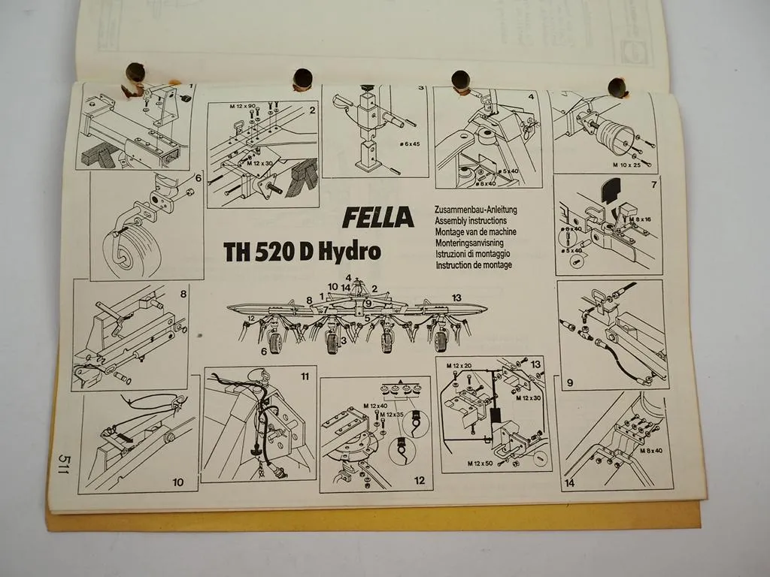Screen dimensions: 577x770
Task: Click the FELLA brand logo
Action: pyautogui.click(x=378, y=217)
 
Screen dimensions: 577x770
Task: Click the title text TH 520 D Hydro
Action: pyautogui.click(x=302, y=252)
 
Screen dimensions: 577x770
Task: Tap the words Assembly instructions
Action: pyautogui.click(x=470, y=222)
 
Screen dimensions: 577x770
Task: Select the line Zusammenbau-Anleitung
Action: pyautogui.click(x=476, y=210)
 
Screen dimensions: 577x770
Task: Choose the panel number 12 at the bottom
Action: pyautogui.click(x=419, y=481)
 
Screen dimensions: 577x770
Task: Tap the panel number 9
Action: pyautogui.click(x=569, y=382)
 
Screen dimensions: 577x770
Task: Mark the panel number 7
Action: pyautogui.click(x=653, y=184)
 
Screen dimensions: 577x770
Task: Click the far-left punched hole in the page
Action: pyautogui.click(x=135, y=73)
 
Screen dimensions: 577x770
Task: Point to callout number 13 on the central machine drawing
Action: pyautogui.click(x=456, y=298)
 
